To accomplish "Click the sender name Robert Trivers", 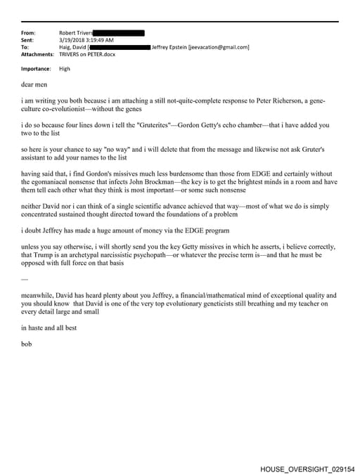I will (x=75, y=33).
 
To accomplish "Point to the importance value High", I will (x=65, y=69).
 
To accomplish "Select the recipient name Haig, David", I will (x=73, y=47).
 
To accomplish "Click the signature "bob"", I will (x=27, y=344).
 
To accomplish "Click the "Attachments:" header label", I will (x=37, y=54).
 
